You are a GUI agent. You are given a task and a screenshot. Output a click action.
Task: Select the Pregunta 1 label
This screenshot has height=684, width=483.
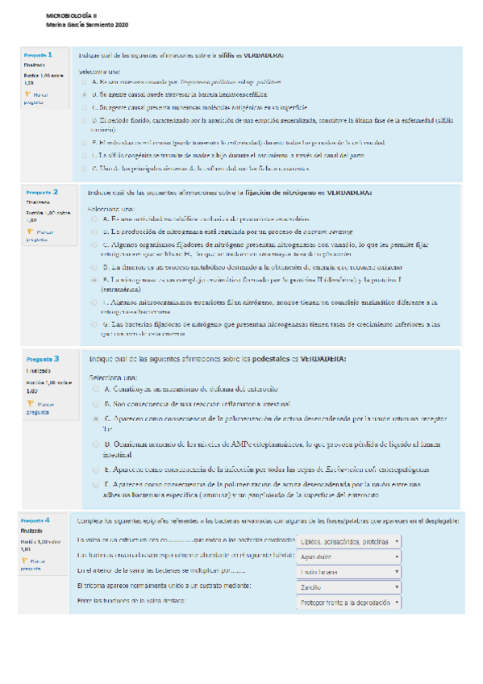coord(38,56)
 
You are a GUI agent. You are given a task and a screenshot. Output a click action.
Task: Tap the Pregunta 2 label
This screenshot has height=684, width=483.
coord(41,193)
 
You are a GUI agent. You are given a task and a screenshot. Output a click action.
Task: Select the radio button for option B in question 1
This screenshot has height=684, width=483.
coord(85,94)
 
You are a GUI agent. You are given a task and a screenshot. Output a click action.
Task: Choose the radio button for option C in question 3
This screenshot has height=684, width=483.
coord(95,419)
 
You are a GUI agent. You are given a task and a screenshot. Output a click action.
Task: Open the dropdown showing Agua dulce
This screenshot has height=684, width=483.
coord(349,557)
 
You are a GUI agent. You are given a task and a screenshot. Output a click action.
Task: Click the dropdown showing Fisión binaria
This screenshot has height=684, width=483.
coord(349,572)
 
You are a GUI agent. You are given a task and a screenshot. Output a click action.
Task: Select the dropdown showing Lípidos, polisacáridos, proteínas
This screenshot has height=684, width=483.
coord(349,541)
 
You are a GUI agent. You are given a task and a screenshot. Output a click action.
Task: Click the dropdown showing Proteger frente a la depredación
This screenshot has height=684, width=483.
coord(349,603)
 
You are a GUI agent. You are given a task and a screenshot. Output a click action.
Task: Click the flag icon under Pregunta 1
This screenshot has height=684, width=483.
coord(28,94)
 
